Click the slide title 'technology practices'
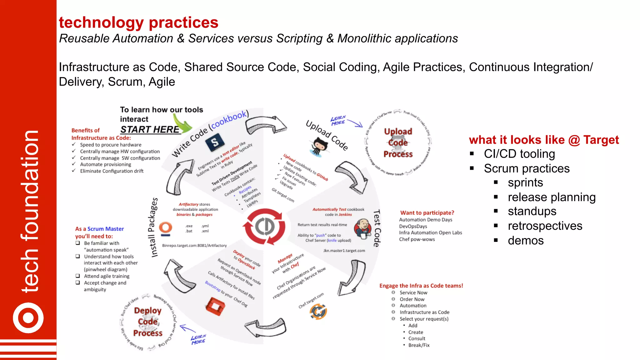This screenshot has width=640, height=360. coord(138,22)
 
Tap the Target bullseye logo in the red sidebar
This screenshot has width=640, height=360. coord(28,318)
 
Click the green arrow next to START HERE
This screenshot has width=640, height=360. coord(183,125)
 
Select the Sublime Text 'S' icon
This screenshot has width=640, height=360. coord(215,142)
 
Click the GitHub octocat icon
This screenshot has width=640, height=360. coord(319,147)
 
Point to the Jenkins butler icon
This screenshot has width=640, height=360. coord(362,229)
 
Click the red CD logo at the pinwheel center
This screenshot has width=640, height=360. coord(265,227)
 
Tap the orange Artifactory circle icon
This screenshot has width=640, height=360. coord(165,228)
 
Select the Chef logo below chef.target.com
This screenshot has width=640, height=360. coord(318,312)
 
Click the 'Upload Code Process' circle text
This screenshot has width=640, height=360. coord(398,143)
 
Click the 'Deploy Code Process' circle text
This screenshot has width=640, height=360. coord(147,322)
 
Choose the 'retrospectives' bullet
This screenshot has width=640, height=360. coord(545,226)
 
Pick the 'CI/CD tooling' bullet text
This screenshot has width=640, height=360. coord(519,154)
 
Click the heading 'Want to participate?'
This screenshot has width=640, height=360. coord(427,213)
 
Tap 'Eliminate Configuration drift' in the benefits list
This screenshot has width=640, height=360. coord(112,171)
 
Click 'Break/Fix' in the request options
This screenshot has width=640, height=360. coord(419,345)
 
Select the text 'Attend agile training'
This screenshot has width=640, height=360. coord(107,276)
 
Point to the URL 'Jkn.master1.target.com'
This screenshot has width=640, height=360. coord(344,251)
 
